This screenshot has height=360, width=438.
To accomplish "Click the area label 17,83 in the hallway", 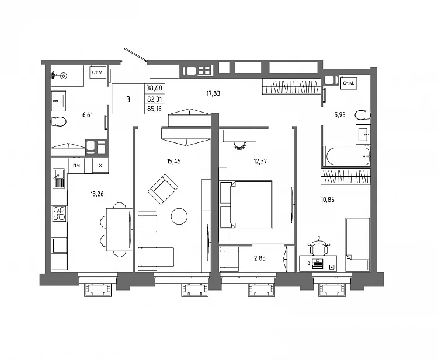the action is [x=213, y=93].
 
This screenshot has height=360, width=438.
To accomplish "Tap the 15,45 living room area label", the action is [x=174, y=161].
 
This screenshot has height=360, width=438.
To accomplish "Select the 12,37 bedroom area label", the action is [x=260, y=161].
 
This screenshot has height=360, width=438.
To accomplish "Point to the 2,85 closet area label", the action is [x=260, y=258].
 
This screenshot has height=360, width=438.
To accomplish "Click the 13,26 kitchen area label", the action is [x=97, y=194].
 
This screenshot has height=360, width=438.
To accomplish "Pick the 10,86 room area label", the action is [x=328, y=200].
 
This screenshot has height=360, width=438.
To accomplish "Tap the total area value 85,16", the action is [x=155, y=109].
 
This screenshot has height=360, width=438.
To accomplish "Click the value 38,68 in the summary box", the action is [x=155, y=88].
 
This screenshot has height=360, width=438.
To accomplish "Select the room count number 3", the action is [x=128, y=99].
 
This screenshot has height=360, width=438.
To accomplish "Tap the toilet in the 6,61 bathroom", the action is [x=58, y=122].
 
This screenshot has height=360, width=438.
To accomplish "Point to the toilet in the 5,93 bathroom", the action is [x=363, y=115].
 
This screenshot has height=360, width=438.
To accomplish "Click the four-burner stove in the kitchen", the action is [x=59, y=214].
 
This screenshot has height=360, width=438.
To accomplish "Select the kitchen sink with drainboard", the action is [x=58, y=179].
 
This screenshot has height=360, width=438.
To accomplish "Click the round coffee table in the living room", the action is [x=179, y=216].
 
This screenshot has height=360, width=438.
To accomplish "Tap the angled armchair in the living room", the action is [x=163, y=190].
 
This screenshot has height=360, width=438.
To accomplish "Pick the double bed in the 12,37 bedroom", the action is [x=246, y=205].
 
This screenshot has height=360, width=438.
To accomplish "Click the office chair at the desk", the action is [x=319, y=247].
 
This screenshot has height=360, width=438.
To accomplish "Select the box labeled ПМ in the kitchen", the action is [x=77, y=166].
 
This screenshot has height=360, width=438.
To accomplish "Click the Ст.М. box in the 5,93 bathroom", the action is [x=349, y=83].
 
